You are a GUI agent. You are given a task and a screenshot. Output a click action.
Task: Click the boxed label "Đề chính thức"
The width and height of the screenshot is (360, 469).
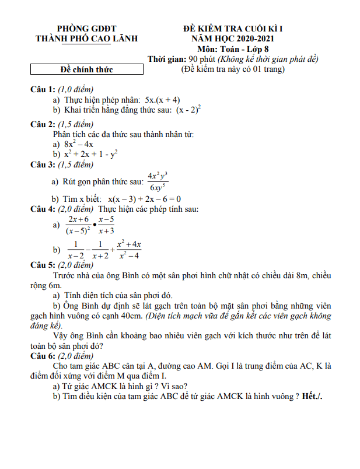(x=87, y=70)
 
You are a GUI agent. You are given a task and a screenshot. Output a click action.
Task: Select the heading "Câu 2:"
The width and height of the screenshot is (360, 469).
(x=43, y=124)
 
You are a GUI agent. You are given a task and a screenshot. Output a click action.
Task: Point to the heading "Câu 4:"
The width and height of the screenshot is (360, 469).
(x=43, y=209)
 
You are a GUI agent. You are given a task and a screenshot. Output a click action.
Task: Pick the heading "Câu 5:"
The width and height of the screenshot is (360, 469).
(x=43, y=265)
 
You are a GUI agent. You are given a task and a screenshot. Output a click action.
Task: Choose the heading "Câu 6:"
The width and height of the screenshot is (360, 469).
(x=43, y=356)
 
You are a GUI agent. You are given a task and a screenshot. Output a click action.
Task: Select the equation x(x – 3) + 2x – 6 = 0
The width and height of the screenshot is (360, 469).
(x=144, y=198)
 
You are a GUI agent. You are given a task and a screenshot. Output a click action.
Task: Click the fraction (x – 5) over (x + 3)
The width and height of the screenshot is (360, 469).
(x=106, y=225)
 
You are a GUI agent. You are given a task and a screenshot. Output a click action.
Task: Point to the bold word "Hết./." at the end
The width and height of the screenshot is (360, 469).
(x=313, y=396)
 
